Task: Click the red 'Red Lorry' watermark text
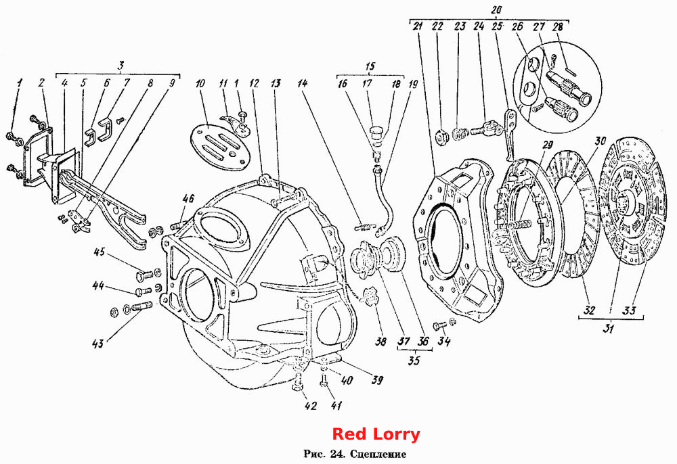click(376, 434)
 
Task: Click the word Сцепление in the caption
click(378, 454)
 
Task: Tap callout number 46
click(188, 199)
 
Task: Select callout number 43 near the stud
click(98, 343)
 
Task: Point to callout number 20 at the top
click(496, 9)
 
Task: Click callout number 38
click(380, 342)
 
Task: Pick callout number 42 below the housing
click(311, 406)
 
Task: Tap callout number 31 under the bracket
click(609, 329)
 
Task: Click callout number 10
click(200, 83)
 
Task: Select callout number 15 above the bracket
click(370, 66)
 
